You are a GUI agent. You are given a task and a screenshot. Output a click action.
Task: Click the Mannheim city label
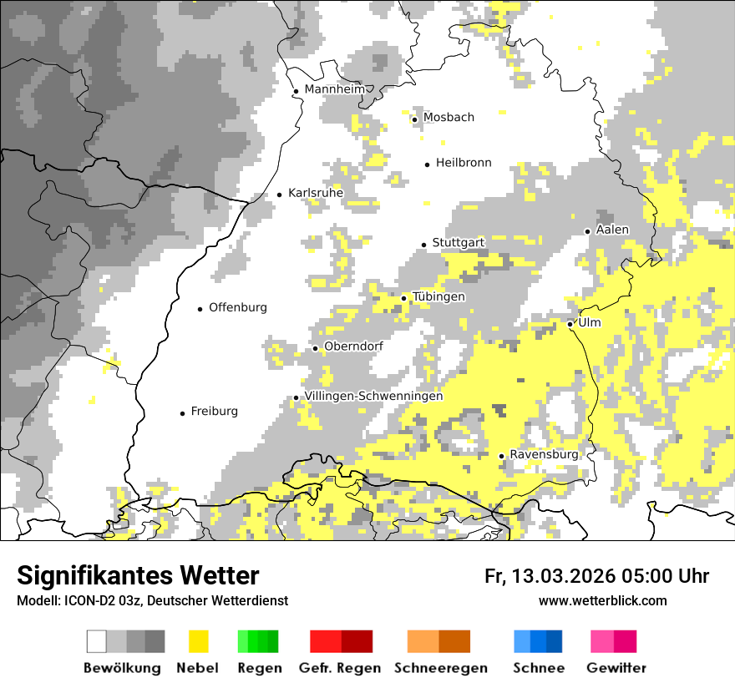[x=335, y=89]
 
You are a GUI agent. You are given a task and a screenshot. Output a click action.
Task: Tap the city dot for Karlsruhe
[x=279, y=195]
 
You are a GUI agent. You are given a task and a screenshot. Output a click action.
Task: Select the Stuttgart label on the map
[x=458, y=243]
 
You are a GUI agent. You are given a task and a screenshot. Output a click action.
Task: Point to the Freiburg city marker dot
[x=182, y=413]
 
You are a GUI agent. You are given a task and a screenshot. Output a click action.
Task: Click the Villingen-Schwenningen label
[x=373, y=397]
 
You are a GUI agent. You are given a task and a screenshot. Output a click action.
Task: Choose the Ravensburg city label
[x=544, y=455]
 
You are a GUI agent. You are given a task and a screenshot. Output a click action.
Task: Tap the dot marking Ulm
[x=570, y=324]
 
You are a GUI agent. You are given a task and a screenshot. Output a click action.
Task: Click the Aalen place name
[x=612, y=230]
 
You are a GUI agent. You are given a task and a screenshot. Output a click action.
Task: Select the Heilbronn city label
[x=464, y=163]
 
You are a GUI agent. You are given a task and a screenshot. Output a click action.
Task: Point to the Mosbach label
[x=449, y=118]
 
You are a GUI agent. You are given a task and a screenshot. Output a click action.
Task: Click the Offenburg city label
[x=238, y=307]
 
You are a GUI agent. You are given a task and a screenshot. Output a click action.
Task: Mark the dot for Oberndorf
[x=315, y=348]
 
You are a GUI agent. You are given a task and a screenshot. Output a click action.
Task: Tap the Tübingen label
[x=438, y=297]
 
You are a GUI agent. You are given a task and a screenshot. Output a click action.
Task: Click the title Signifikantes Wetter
[x=138, y=576]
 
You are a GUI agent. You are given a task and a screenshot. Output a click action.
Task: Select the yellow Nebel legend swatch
[x=199, y=641]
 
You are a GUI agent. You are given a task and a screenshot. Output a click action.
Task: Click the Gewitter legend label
[x=616, y=668]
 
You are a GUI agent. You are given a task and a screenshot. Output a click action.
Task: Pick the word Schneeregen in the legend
[x=440, y=668]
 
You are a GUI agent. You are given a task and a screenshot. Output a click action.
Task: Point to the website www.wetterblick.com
[x=603, y=601]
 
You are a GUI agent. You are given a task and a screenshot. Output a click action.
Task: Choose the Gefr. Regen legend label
[x=340, y=668]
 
